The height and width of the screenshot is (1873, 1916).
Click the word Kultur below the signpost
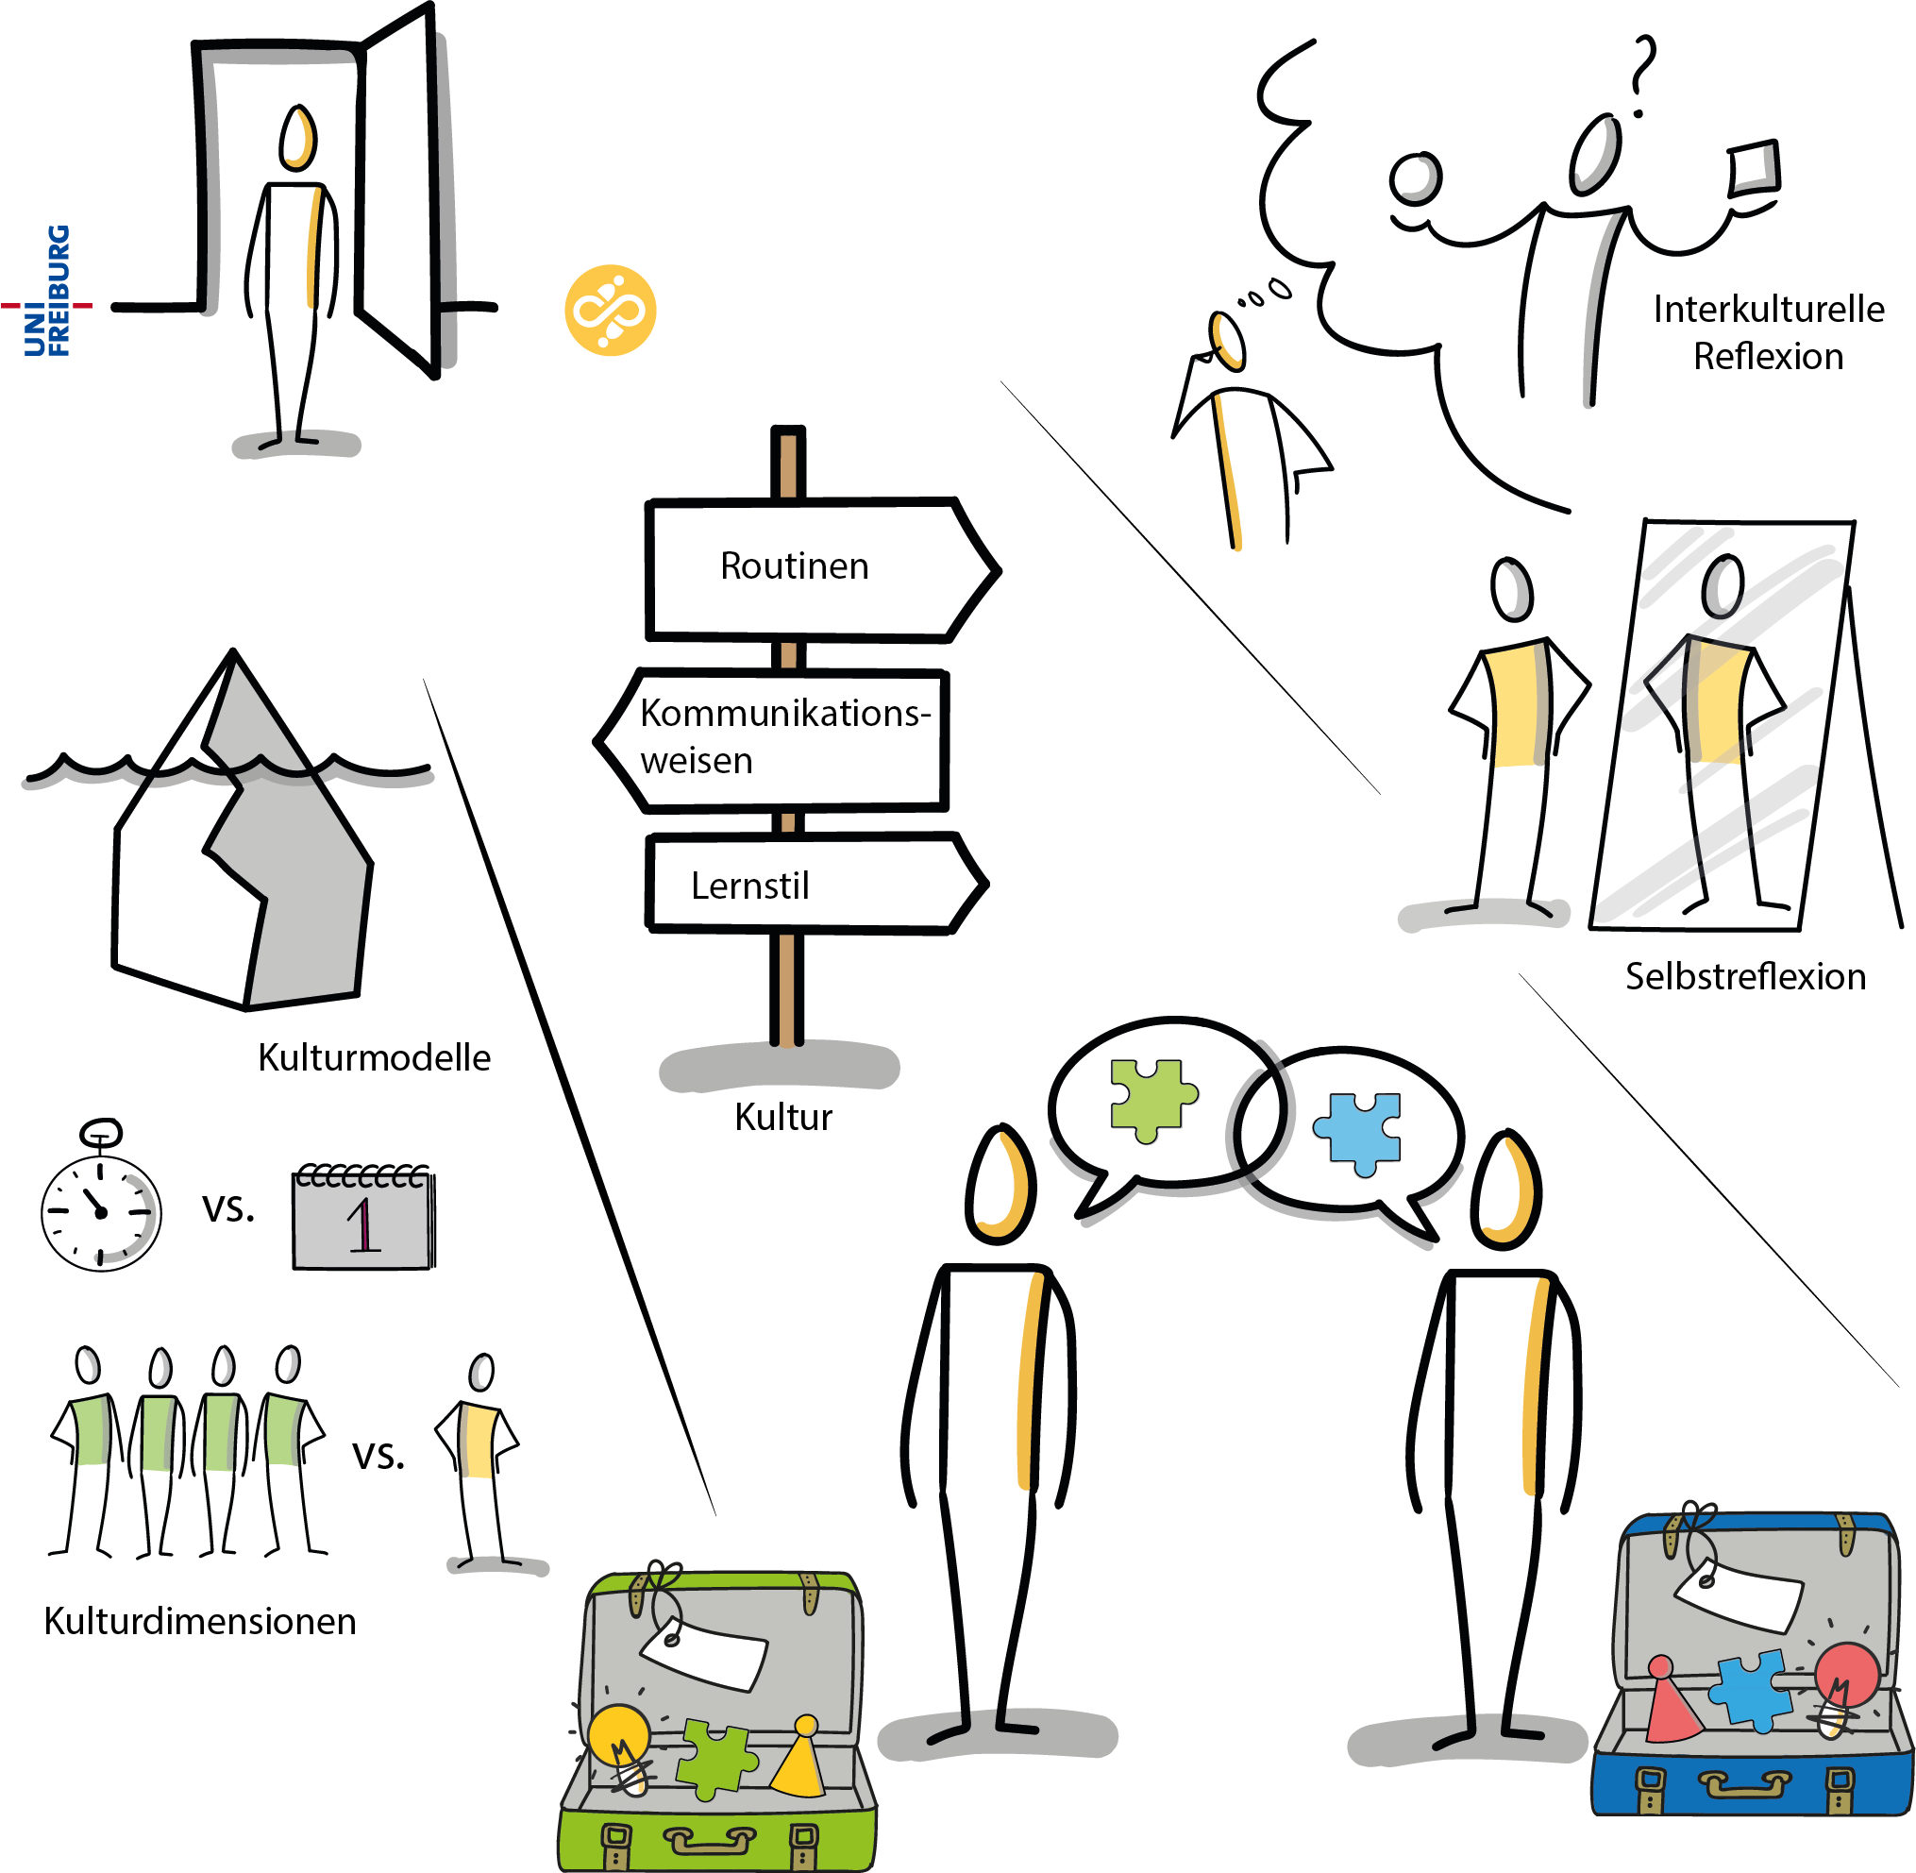click(783, 1118)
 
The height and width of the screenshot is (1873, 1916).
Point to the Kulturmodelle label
click(374, 1057)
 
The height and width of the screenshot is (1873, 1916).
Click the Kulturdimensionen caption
click(200, 1621)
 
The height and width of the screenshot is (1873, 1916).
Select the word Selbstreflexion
click(1745, 977)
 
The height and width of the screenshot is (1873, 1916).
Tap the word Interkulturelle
click(1768, 310)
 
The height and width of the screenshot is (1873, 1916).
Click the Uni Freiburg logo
click(47, 291)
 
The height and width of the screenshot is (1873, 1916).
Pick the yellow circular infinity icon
click(610, 311)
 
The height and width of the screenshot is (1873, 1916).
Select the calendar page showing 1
click(363, 1220)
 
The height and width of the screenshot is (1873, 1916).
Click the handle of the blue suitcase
click(1745, 1782)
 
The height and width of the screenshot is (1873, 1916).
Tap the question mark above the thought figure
click(1640, 75)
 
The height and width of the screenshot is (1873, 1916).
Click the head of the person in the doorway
click(297, 138)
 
